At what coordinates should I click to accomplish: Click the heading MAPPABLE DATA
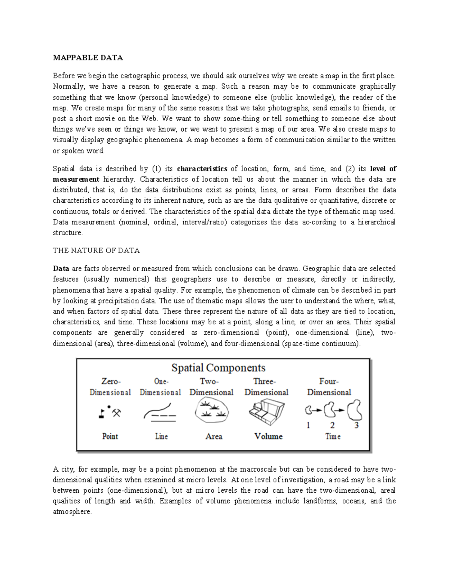pos(88,58)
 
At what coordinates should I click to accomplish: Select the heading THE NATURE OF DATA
pos(96,251)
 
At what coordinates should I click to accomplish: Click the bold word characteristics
pos(202,168)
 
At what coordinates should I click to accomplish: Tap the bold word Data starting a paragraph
pos(61,268)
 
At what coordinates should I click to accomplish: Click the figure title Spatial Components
pos(218,368)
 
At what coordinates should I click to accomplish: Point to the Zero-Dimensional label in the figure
pos(110,387)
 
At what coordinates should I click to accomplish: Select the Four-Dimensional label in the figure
pos(329,387)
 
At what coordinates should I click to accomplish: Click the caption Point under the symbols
pos(110,436)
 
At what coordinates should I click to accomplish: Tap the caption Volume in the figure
pos(268,436)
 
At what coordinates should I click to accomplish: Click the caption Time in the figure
pos(333,436)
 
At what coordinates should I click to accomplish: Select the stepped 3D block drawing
pos(266,412)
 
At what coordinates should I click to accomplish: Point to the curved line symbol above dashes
pos(158,410)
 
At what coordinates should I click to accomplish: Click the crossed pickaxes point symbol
pos(117,413)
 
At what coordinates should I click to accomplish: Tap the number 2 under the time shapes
pos(332,425)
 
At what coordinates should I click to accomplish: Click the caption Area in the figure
pos(214,436)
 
